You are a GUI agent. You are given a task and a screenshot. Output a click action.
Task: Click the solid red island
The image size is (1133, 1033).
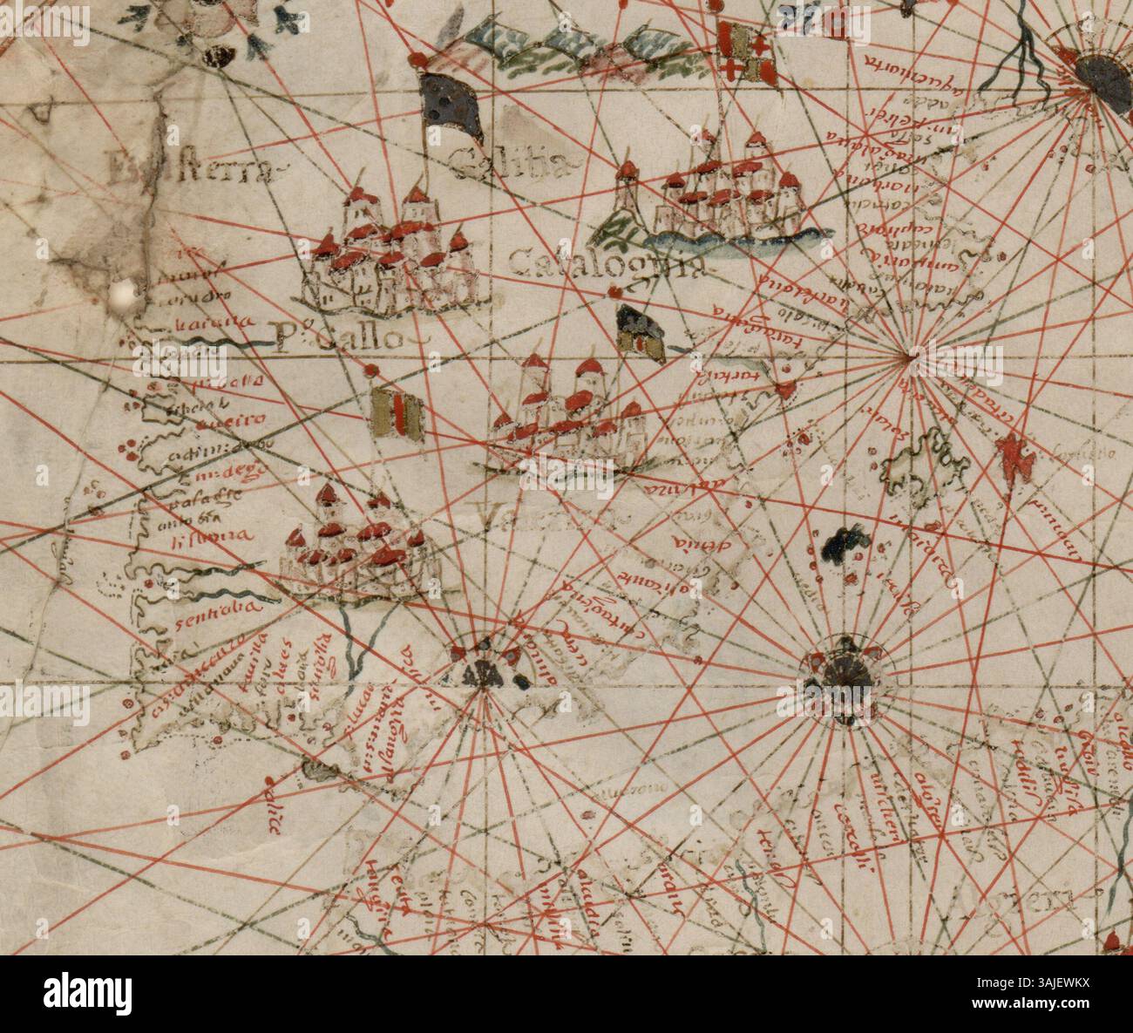[1014, 455]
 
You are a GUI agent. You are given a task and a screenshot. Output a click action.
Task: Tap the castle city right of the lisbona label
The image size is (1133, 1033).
[358, 544]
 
